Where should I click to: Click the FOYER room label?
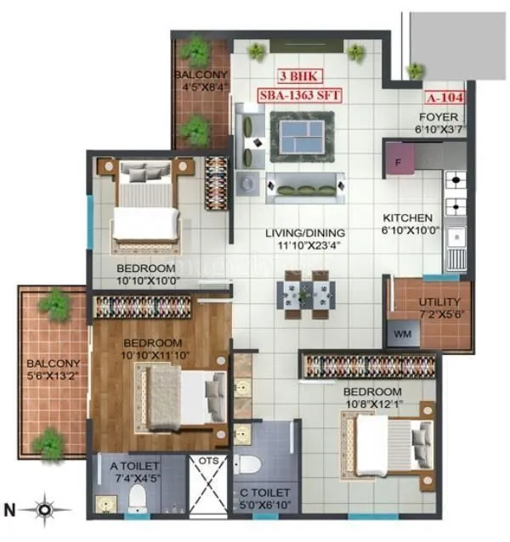click(439, 117)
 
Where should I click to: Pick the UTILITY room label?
click(440, 302)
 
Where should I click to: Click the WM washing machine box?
click(402, 334)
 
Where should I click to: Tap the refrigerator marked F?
click(397, 159)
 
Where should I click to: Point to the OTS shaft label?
click(207, 463)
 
